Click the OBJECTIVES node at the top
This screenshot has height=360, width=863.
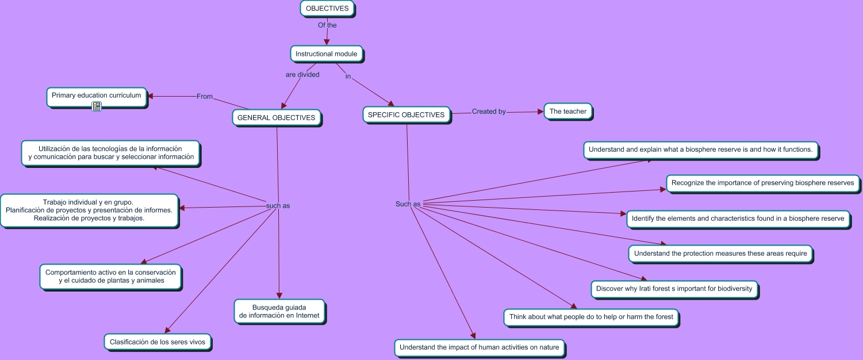point(327,9)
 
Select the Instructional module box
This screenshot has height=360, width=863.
point(326,54)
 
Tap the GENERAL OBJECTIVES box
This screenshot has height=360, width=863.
point(276,118)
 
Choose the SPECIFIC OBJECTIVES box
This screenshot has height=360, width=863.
point(406,114)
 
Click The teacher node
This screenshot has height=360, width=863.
point(567,112)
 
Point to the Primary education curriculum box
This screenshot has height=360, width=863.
point(96,95)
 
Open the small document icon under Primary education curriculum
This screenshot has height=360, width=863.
point(97,106)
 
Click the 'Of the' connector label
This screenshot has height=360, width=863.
point(327,25)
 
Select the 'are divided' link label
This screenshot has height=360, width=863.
point(302,75)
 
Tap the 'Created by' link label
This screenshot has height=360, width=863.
point(489,112)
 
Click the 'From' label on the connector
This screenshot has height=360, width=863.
point(205,97)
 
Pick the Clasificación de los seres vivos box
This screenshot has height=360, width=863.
point(158,342)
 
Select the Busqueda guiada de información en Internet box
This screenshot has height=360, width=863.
point(279,311)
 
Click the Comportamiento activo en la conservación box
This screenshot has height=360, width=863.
point(111,277)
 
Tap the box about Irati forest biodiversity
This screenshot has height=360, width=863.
point(674,289)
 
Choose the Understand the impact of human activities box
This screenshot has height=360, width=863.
point(479,347)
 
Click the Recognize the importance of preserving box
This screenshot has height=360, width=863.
point(762,183)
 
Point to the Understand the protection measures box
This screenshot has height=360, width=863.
point(720,254)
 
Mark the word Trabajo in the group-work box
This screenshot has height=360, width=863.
point(55,202)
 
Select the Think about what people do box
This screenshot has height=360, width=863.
point(590,317)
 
